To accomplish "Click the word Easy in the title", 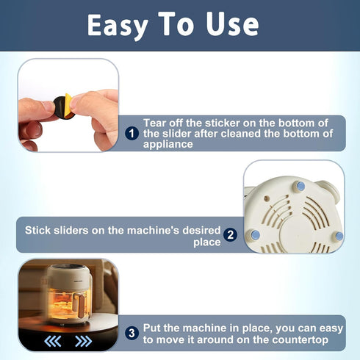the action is [118, 26].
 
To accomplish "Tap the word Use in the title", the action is [232, 24].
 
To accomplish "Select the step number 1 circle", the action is [132, 134].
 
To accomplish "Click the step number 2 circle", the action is [230, 235].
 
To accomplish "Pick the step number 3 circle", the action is [132, 333].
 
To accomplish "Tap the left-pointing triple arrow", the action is [53, 341].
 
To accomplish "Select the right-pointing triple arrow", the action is [84, 341].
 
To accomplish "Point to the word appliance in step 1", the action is [168, 144].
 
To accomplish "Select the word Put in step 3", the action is [152, 328].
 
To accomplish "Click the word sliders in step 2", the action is [71, 230].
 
